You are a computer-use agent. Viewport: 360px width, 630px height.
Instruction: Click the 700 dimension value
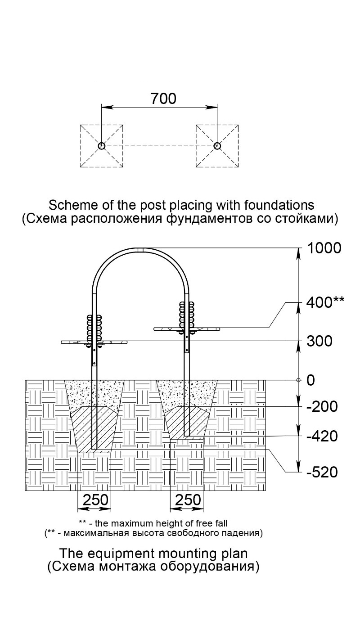click(x=163, y=99)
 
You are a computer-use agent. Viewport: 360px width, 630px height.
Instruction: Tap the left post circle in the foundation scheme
click(x=102, y=146)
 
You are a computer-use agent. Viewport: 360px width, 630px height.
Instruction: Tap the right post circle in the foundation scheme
click(x=217, y=146)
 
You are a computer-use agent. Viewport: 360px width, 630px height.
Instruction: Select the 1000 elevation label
click(x=324, y=248)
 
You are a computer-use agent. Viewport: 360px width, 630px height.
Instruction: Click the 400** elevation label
click(x=325, y=303)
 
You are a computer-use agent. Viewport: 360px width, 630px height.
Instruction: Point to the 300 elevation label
click(x=319, y=341)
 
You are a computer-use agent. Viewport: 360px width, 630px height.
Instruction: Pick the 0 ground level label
click(x=310, y=380)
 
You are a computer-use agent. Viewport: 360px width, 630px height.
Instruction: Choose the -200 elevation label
click(x=322, y=407)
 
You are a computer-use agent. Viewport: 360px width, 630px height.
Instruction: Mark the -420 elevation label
click(x=322, y=436)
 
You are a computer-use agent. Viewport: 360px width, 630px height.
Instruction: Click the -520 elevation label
click(x=322, y=472)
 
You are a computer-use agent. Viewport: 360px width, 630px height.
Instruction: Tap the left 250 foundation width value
click(x=95, y=500)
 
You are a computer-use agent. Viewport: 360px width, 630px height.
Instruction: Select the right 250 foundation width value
click(x=188, y=500)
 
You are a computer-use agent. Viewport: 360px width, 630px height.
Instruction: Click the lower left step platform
click(x=94, y=342)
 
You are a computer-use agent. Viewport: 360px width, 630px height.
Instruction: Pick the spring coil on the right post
click(x=186, y=315)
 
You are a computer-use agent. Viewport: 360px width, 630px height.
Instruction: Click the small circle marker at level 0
click(x=299, y=380)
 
